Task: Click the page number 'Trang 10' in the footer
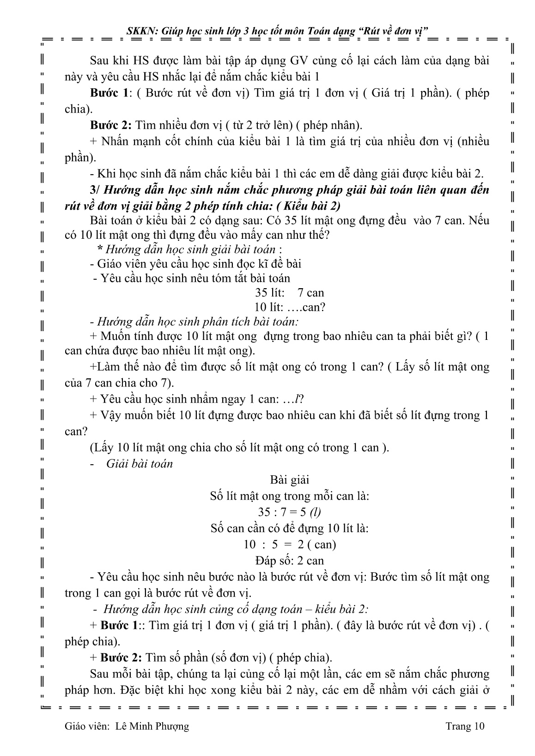465,726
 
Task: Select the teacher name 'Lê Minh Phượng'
149,726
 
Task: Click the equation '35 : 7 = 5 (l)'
289,512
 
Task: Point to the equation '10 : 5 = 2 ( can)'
290,544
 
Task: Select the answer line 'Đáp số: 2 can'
290,561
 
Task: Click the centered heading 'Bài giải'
290,480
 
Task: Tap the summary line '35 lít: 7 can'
290,292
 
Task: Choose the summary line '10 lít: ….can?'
290,307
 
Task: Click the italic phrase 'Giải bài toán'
140,464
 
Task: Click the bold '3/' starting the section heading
96,190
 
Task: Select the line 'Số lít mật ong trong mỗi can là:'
290,496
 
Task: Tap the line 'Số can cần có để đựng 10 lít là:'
290,528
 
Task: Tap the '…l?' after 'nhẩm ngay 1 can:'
299,399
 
